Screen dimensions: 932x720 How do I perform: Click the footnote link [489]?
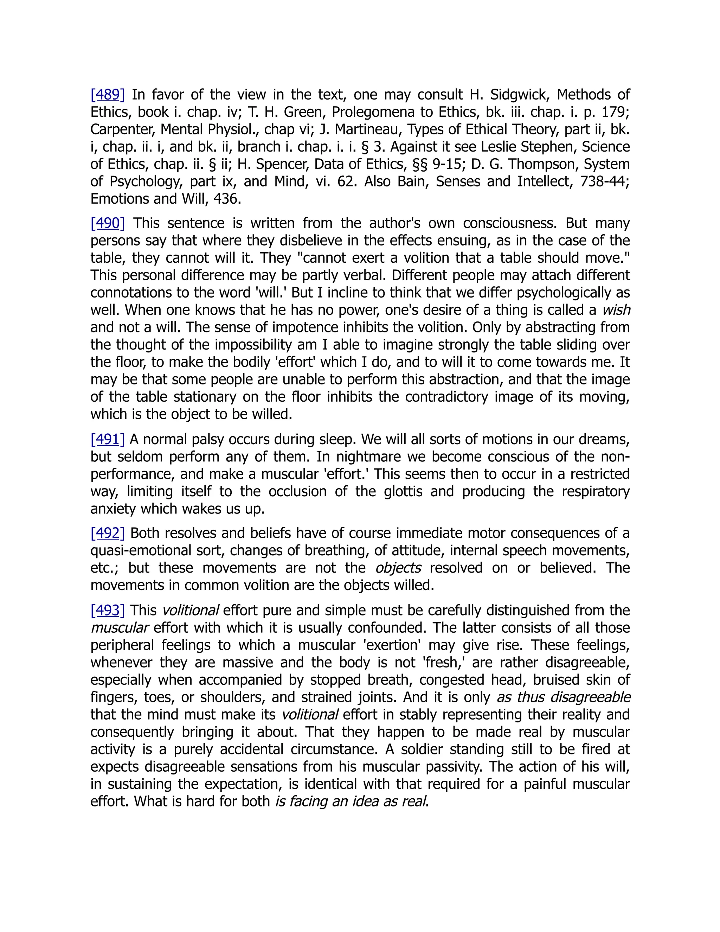tap(108, 95)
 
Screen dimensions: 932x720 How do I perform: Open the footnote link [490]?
tap(108, 223)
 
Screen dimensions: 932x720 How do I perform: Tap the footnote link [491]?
tap(108, 439)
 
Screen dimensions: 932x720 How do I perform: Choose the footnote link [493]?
tap(108, 610)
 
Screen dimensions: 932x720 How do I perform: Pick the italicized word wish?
tap(616, 310)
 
